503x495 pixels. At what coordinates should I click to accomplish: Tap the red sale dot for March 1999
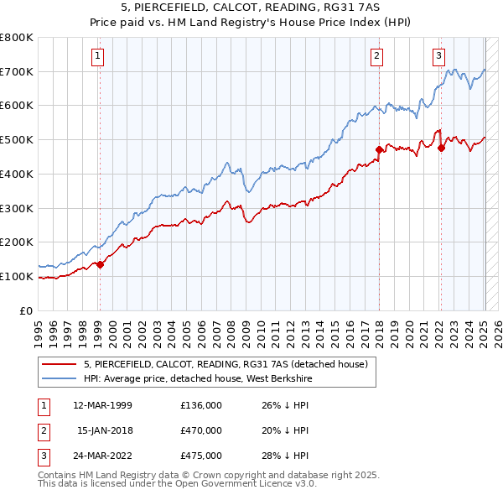(100, 264)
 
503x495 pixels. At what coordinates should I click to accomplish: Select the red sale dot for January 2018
(379, 150)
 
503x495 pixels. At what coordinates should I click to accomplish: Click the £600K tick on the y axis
(18, 106)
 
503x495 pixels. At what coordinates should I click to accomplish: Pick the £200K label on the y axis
(18, 242)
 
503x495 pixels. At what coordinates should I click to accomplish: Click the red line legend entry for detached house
(226, 364)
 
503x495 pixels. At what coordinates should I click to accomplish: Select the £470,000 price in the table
(201, 430)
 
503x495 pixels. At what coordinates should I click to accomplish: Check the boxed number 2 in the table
(43, 430)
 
